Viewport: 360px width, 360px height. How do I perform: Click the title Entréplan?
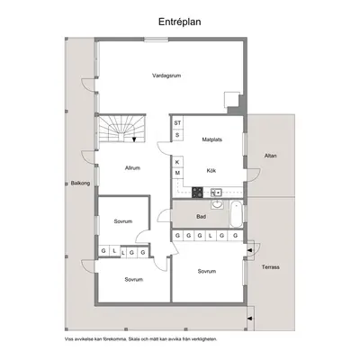click(180, 22)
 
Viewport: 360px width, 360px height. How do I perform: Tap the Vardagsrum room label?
click(166, 76)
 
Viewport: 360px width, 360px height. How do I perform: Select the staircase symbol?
click(121, 129)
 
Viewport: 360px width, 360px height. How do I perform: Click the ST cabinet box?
click(177, 123)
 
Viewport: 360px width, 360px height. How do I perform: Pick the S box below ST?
click(177, 135)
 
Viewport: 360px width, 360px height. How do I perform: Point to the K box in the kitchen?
click(177, 162)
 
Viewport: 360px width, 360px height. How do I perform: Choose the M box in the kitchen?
click(177, 173)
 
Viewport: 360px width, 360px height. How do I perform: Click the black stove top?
click(197, 193)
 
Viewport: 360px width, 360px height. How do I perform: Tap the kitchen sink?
click(216, 192)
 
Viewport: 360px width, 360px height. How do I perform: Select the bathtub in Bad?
click(236, 214)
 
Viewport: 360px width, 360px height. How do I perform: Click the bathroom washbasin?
click(217, 204)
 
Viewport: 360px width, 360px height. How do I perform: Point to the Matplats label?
click(212, 139)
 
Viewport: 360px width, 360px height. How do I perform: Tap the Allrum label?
click(132, 168)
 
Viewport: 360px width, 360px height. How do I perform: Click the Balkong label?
click(80, 183)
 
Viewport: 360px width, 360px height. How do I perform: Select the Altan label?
click(271, 156)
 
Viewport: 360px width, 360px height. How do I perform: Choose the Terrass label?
click(271, 267)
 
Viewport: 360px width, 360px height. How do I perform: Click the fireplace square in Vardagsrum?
click(231, 100)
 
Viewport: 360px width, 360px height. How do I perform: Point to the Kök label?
click(211, 170)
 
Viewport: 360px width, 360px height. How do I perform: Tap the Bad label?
click(202, 216)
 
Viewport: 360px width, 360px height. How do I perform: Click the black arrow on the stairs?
click(134, 139)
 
